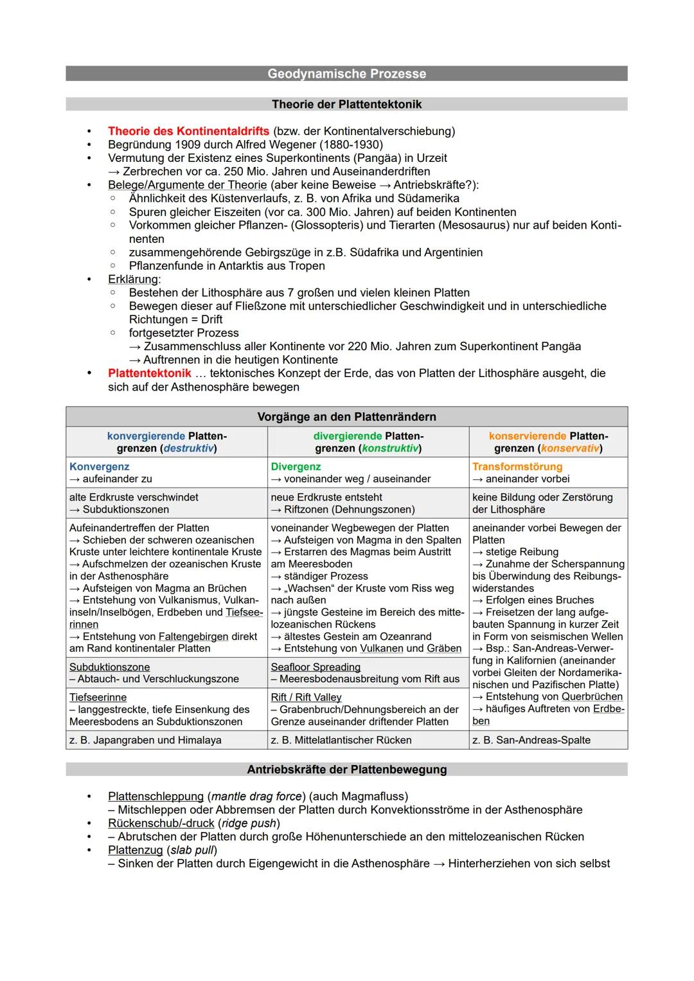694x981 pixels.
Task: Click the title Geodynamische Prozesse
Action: coord(346,74)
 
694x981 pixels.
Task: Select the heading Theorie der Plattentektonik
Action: coord(346,104)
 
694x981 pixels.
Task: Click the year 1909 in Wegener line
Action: coord(187,145)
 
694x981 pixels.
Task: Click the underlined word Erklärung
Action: coord(133,279)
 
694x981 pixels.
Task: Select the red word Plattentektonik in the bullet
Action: coord(149,373)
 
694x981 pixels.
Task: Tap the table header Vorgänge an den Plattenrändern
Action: coord(346,417)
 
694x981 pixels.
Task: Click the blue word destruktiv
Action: coord(188,448)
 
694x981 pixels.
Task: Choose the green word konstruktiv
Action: coord(390,448)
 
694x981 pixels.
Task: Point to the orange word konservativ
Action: coord(569,448)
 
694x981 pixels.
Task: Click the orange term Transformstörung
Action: coord(517,467)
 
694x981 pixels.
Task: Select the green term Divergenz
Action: coord(296,467)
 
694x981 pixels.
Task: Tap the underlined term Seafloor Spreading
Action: coord(316,667)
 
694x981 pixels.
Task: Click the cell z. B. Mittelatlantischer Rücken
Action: coord(341,740)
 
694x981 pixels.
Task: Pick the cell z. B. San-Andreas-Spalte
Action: coord(531,740)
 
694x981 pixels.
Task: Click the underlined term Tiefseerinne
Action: coord(98,698)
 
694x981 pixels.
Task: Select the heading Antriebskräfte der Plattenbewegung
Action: coord(346,770)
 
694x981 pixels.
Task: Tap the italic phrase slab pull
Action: coord(191,851)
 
